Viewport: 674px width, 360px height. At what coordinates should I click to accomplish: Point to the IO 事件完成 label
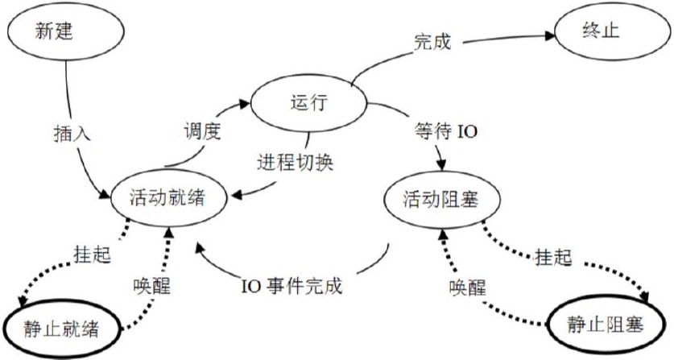pos(292,286)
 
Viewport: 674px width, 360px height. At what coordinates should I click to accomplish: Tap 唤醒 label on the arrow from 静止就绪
pos(152,285)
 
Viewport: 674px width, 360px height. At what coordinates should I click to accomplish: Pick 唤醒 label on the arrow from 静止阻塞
pos(469,286)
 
